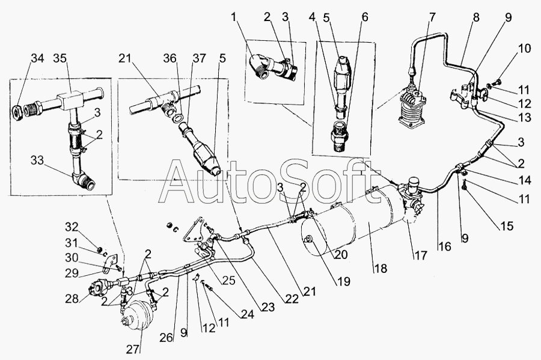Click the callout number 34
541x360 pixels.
38,58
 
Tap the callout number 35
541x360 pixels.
60,58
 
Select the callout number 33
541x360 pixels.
38,161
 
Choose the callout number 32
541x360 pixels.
72,227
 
